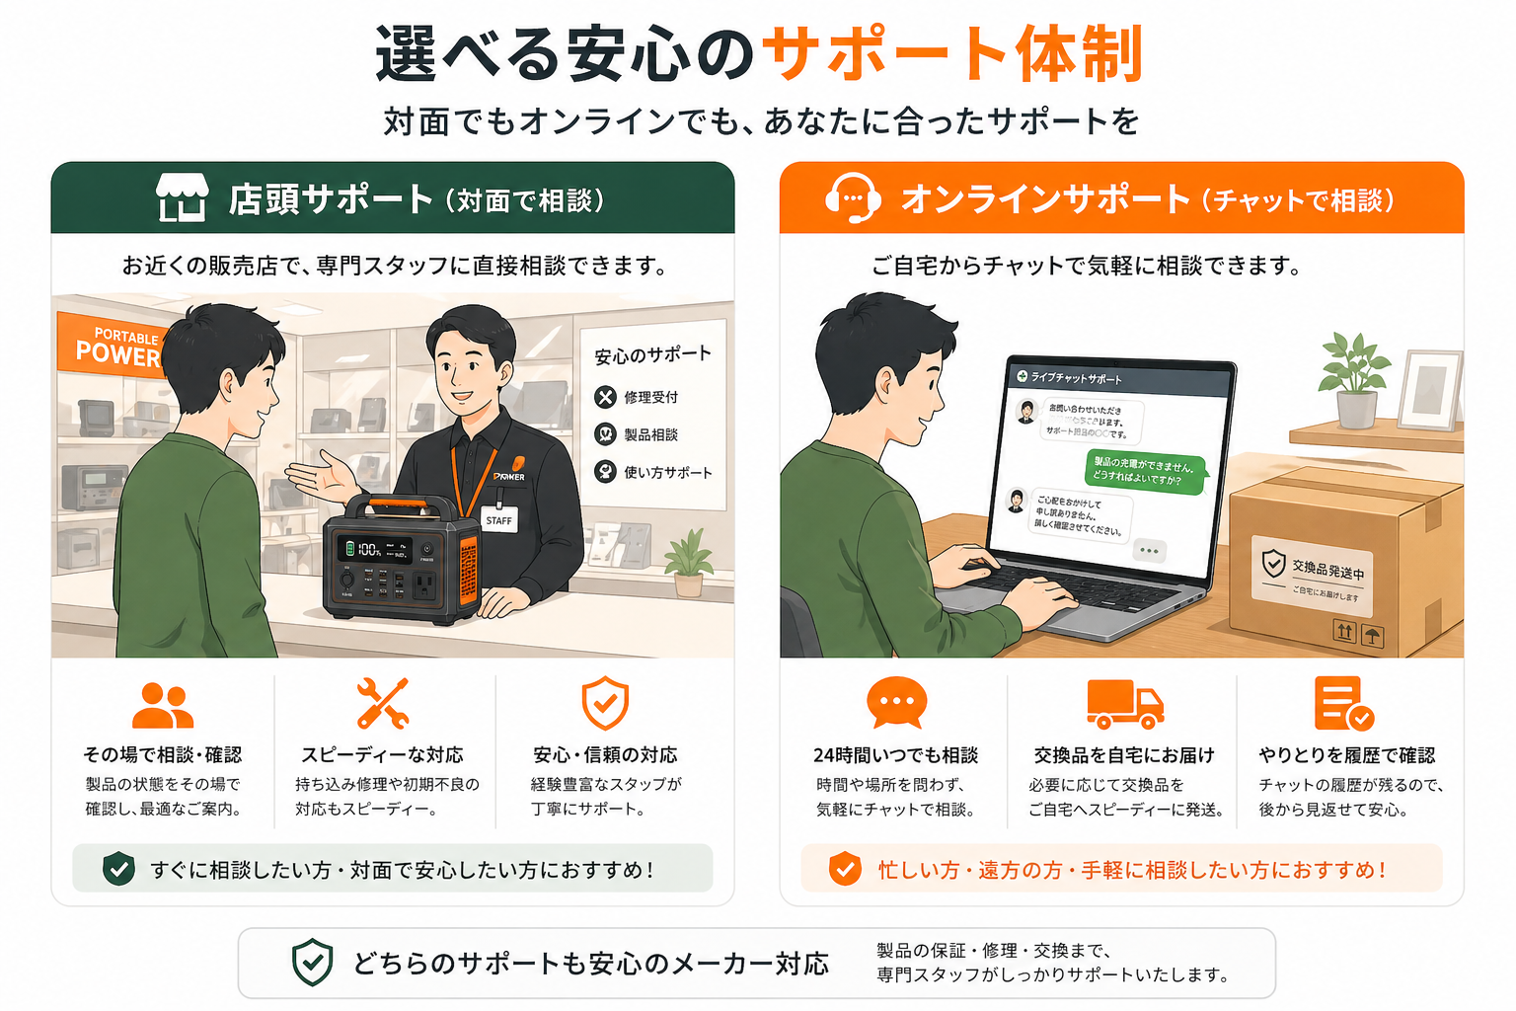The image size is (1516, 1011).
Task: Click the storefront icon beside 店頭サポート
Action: point(183,197)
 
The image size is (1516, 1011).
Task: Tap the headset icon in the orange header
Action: point(853,198)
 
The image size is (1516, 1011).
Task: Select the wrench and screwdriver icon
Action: point(383,703)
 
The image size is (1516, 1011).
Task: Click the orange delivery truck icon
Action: point(1124,703)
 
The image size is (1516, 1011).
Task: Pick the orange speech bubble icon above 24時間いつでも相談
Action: point(896,702)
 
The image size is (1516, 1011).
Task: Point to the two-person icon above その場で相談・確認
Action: point(163,705)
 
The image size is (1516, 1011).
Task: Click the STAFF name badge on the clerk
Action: point(498,519)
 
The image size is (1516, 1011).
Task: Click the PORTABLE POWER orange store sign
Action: point(111,346)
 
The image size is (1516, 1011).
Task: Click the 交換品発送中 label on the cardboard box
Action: point(1314,571)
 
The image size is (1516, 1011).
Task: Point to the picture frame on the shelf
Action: point(1429,389)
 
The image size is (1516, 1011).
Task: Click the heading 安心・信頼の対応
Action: point(605,755)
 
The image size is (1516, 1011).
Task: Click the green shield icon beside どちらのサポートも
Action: point(312,963)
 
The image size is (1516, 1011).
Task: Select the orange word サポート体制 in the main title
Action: point(952,53)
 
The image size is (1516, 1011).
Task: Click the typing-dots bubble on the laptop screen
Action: point(1149,550)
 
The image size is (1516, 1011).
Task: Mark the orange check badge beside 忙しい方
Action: point(844,869)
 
